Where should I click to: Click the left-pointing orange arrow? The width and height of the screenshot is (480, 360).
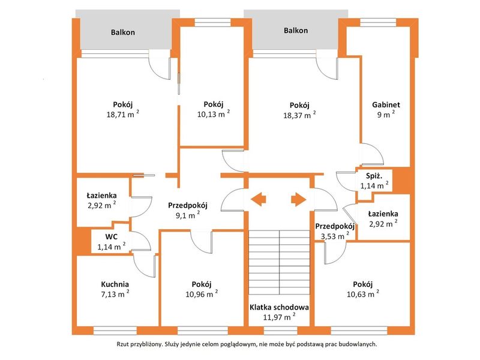point(258,200)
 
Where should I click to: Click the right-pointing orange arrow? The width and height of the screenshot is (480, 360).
point(298,200)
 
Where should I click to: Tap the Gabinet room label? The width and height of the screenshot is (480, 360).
point(386,104)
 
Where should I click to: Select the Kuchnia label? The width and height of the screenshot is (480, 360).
point(115,284)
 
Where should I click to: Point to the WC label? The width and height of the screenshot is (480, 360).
point(111,236)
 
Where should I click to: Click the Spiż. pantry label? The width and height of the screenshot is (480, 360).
point(374,176)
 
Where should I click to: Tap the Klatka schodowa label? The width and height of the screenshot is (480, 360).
point(279,307)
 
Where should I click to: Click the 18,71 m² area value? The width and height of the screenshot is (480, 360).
point(123,114)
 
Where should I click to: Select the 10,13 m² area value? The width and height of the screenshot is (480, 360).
point(214,114)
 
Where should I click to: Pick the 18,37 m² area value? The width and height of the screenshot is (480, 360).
point(299,115)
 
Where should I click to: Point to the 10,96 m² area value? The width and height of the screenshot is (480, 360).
point(202,294)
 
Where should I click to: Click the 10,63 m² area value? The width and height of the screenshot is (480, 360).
point(363,294)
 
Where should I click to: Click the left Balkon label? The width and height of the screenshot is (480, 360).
point(123,32)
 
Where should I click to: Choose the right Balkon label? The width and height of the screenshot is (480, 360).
point(296,31)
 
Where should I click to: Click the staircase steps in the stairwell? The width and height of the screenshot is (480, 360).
point(279,262)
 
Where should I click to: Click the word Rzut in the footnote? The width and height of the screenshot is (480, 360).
point(122,344)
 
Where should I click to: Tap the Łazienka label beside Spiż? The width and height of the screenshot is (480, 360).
point(383,214)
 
